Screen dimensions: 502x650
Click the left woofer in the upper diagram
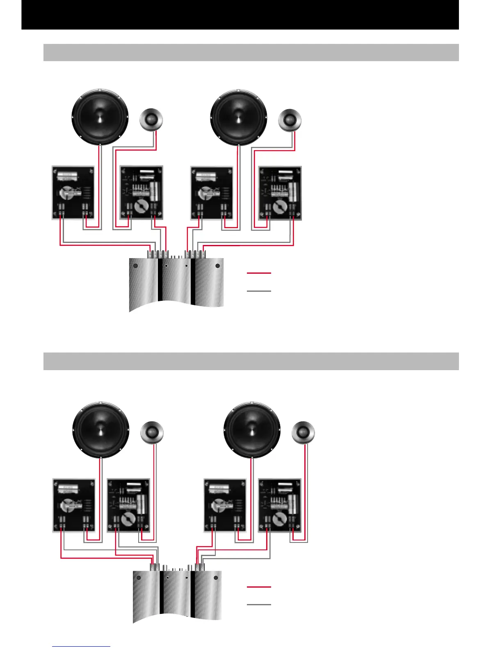pyautogui.click(x=100, y=117)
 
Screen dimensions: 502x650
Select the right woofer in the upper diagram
pyautogui.click(x=238, y=117)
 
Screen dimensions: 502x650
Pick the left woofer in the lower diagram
pyautogui.click(x=101, y=430)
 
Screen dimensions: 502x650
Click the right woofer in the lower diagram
pyautogui.click(x=252, y=430)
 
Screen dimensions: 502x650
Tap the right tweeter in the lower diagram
pyautogui.click(x=303, y=433)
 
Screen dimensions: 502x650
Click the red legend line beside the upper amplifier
pyautogui.click(x=259, y=272)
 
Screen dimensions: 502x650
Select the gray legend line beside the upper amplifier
pyautogui.click(x=259, y=291)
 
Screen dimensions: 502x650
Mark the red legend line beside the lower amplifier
pyautogui.click(x=259, y=587)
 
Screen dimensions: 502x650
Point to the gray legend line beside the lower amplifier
pyautogui.click(x=259, y=604)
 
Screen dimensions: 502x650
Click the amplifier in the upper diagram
pyautogui.click(x=176, y=283)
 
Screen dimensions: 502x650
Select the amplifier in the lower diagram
pyautogui.click(x=177, y=595)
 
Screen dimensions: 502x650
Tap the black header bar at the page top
pyautogui.click(x=240, y=15)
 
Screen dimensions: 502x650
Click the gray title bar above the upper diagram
pyautogui.click(x=251, y=53)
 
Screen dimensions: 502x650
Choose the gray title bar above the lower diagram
pyautogui.click(x=251, y=361)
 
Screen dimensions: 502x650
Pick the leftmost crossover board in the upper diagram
pyautogui.click(x=73, y=192)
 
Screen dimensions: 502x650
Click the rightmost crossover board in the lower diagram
pyautogui.click(x=280, y=505)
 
